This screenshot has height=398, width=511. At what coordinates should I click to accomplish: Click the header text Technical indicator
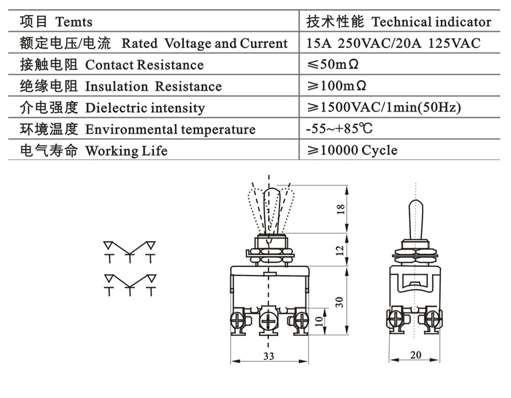[431, 22]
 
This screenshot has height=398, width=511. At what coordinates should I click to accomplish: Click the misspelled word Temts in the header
[74, 22]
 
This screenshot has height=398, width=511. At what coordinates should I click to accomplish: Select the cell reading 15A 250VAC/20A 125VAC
[394, 43]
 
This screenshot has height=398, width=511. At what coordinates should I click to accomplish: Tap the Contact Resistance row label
[144, 65]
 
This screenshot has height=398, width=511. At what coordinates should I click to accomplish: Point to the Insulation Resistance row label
[153, 86]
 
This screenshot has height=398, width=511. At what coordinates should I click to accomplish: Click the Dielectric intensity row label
[145, 108]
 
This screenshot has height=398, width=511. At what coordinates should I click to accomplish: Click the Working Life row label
[126, 150]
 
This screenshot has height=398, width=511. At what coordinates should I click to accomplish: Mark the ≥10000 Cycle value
[352, 150]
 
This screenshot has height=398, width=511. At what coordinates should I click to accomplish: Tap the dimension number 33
[268, 356]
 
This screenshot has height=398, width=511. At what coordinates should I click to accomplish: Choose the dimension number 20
[416, 355]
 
